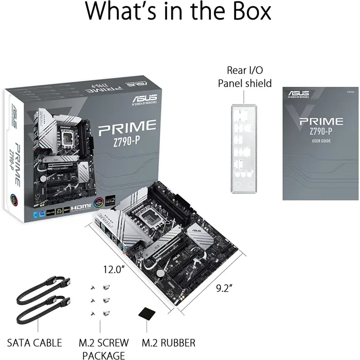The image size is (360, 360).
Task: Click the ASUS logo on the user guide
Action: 299,94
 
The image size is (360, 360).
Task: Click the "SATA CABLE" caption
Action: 34,343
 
